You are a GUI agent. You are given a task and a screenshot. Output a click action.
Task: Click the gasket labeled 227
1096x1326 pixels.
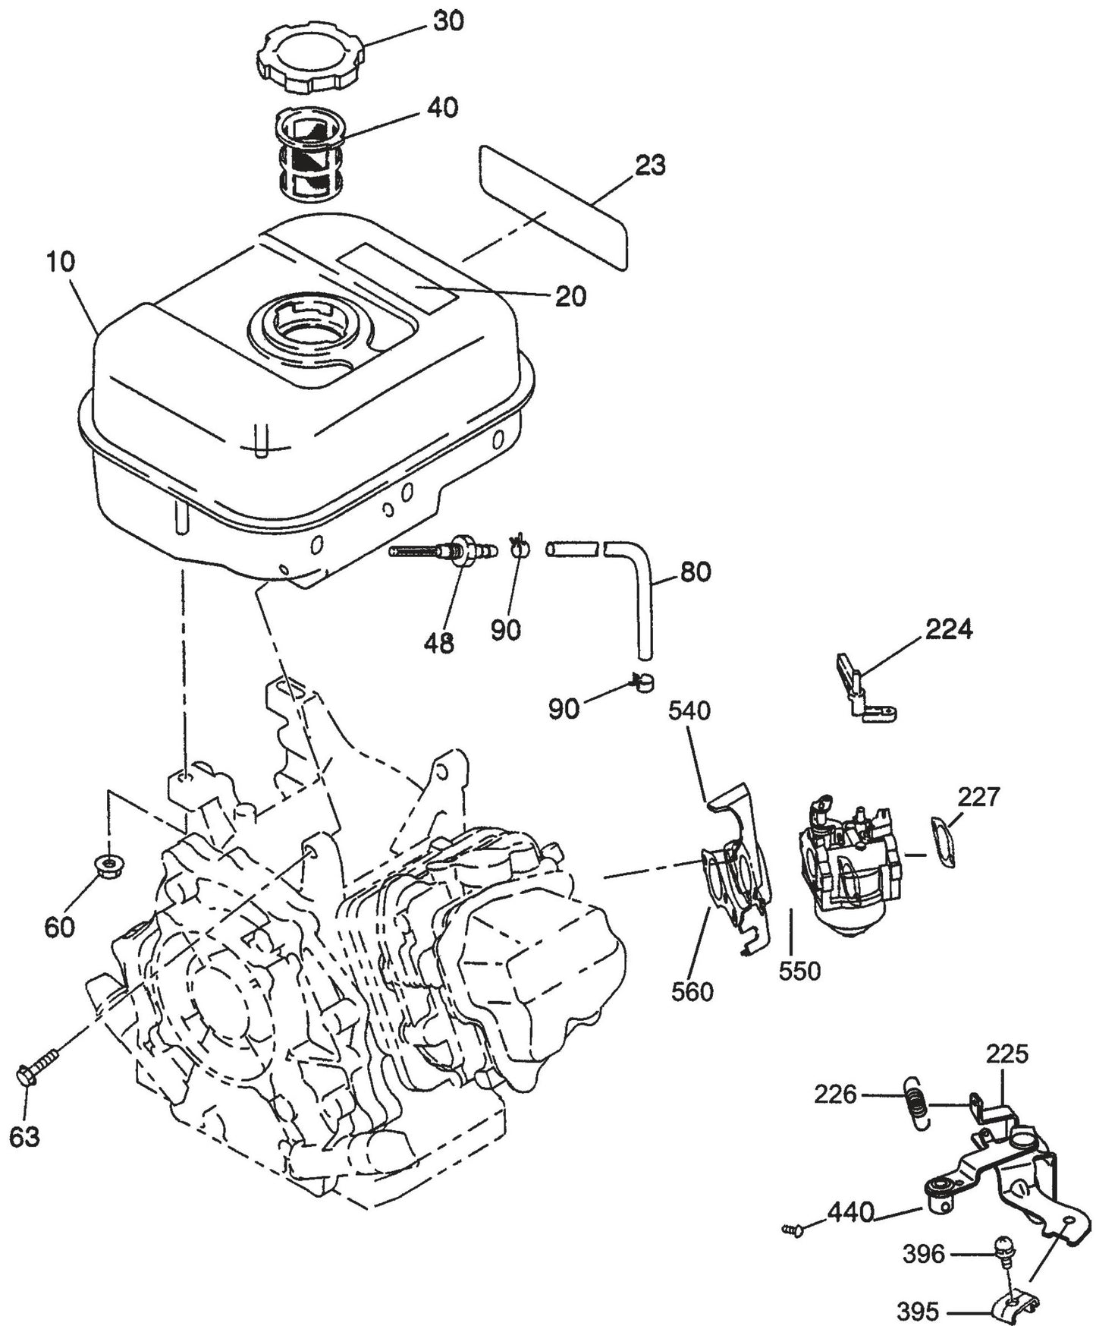943,841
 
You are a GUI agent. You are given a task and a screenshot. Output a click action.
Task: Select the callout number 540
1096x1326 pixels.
689,711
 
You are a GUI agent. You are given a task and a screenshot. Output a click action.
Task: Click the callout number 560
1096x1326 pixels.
692,991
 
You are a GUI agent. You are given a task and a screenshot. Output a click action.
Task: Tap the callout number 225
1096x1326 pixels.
1007,1054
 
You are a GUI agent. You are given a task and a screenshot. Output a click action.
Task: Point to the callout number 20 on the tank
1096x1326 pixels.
570,296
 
